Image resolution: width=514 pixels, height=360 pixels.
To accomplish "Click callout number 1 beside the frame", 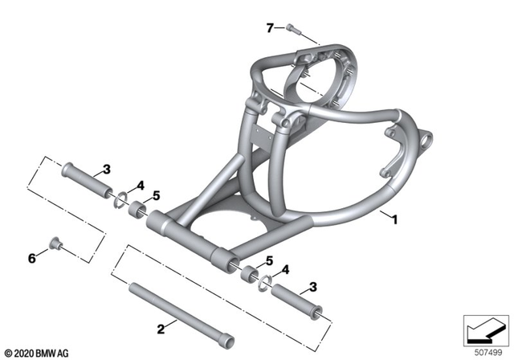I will [x=394, y=217].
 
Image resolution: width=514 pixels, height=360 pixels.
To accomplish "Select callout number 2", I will [x=161, y=329].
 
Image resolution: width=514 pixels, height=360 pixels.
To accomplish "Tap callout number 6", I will [x=32, y=258].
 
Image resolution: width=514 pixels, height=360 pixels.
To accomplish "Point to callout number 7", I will [x=271, y=29].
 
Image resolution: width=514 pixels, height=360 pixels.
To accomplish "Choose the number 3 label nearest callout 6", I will [x=105, y=169].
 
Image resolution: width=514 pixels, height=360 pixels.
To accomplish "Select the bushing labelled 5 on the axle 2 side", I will [x=250, y=274].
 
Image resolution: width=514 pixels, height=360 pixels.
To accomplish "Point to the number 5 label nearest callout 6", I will [x=157, y=195].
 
